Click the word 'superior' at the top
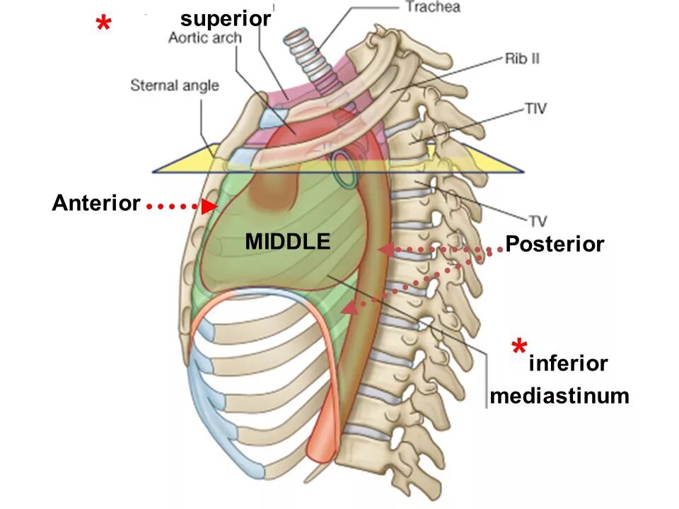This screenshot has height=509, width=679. [x=226, y=19]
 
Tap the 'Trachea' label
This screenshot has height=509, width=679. [x=433, y=8]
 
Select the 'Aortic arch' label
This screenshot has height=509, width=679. [x=204, y=37]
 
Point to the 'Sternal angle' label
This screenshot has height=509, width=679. [x=175, y=86]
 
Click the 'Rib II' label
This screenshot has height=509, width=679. [x=522, y=59]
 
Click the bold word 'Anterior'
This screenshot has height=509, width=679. [x=96, y=204]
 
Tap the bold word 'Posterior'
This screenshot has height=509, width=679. [x=555, y=245]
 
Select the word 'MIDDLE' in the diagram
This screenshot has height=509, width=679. [x=288, y=242]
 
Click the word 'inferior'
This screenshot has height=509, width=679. [x=568, y=363]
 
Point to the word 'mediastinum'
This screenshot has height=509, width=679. [x=559, y=396]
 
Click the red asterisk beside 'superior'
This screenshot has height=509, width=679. [x=103, y=26]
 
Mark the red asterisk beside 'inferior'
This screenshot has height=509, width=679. [x=519, y=349]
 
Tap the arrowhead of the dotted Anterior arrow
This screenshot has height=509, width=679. [x=209, y=206]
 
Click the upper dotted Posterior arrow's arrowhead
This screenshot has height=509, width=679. [x=385, y=249]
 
